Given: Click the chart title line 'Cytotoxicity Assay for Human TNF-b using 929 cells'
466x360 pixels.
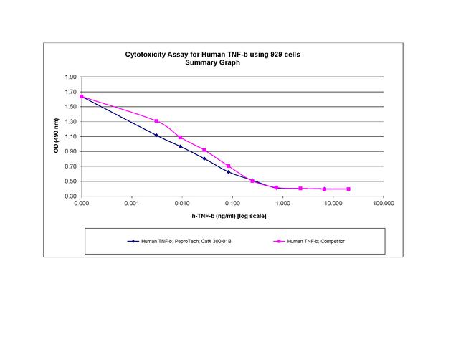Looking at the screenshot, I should (215, 55).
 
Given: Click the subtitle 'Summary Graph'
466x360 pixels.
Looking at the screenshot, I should (215, 62).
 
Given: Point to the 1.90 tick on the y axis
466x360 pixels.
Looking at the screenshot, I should (70, 77).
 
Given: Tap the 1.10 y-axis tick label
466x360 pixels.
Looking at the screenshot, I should (70, 136).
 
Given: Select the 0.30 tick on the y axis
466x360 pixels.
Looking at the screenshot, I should (70, 196).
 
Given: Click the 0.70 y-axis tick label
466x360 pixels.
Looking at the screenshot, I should (70, 166).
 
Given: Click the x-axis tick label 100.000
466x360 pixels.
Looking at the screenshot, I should (384, 204).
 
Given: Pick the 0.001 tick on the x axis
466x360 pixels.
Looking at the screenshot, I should (132, 204).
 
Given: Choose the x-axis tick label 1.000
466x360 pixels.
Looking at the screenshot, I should (282, 204).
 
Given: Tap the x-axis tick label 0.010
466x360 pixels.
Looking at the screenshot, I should (182, 204).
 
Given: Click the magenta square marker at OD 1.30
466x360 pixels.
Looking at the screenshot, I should (156, 121).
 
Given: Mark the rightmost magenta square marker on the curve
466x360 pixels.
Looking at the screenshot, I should (348, 189).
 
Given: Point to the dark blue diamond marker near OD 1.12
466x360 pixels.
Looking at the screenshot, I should (156, 135).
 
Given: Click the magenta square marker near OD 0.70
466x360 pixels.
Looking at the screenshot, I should (228, 166).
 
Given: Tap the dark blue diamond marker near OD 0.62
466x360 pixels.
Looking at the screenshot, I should (228, 172).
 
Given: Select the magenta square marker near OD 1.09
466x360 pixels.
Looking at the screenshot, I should (180, 137).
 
